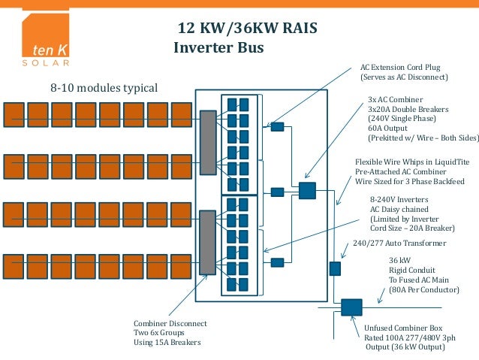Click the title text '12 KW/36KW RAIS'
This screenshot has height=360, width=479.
[247, 29]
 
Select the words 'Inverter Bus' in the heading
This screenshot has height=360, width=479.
[218, 48]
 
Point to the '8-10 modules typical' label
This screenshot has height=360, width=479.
[104, 89]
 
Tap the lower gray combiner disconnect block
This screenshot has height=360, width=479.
[208, 242]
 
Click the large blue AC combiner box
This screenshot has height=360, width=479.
[307, 190]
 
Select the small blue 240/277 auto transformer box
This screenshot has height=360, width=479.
[335, 268]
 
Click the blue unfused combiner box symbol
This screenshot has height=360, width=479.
[351, 307]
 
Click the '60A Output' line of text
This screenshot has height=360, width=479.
[387, 129]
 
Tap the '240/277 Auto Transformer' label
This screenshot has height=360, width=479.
[399, 244]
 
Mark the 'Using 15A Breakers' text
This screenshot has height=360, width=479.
[167, 342]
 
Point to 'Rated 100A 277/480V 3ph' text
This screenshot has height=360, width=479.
[410, 337]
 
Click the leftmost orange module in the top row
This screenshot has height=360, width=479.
[14, 115]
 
